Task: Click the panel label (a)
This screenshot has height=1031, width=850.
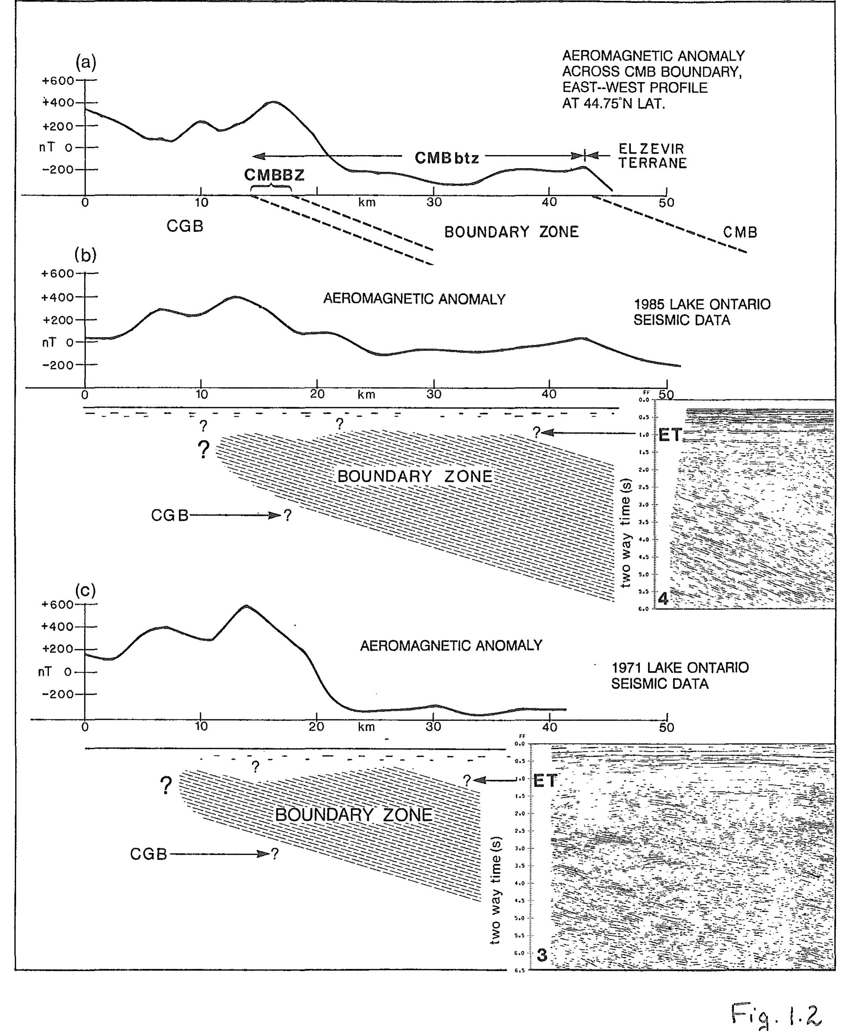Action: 86,62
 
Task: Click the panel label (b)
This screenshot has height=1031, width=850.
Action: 86,255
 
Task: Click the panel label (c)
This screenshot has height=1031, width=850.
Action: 86,591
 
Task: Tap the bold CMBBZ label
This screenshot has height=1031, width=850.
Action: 274,175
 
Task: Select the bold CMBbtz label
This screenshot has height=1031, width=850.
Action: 447,157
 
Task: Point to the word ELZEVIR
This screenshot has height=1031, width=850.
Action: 651,149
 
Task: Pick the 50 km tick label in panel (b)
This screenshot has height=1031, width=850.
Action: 666,395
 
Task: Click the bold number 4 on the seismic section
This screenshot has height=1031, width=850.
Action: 663,598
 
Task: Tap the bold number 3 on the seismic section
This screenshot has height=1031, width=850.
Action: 542,955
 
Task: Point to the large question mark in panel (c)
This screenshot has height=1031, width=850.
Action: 167,785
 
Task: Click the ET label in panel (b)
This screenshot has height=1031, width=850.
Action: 670,435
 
